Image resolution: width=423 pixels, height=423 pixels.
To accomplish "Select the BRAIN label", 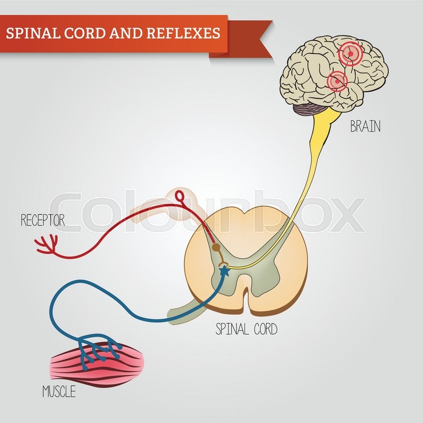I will tap(365, 126).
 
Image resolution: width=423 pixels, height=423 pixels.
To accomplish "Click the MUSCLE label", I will tap(59, 392).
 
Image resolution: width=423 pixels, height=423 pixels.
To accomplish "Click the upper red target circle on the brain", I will tap(348, 53).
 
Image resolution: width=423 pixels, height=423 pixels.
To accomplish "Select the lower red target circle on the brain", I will tap(337, 81).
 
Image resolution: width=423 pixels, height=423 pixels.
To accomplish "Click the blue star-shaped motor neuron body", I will tap(224, 271).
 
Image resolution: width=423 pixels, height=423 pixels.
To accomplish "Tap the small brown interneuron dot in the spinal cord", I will tap(215, 246).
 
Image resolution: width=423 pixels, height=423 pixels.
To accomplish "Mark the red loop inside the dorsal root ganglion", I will tap(181, 199).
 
